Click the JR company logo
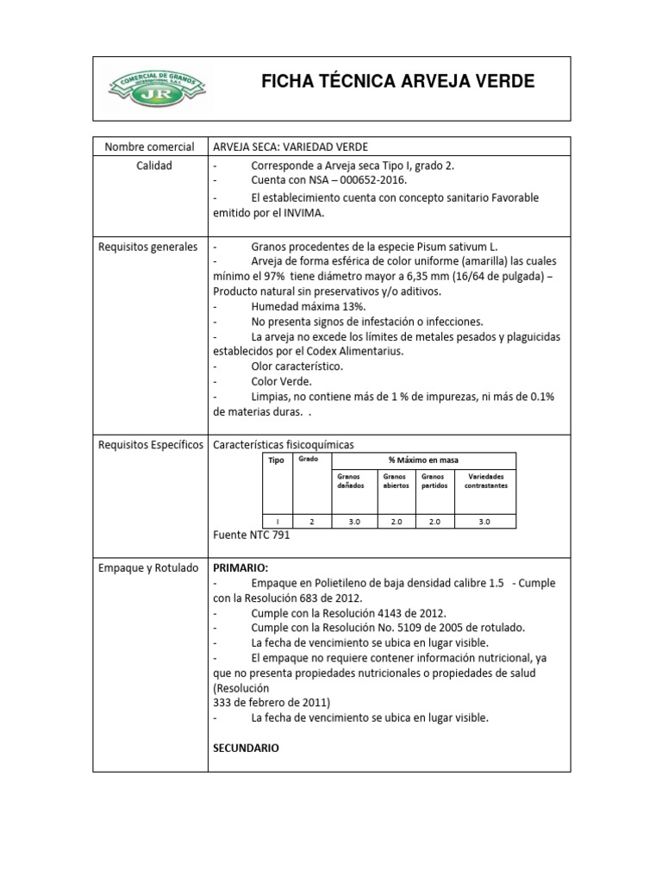coord(153,87)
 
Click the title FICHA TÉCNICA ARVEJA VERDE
coord(397,82)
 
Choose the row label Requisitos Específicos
coord(151,444)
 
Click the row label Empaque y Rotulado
coord(149,567)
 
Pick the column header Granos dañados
coord(345,480)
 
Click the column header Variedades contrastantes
coord(486,480)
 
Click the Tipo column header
coord(276,460)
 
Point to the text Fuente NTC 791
coord(252,535)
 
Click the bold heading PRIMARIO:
coord(240,568)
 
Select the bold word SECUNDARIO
coord(246,748)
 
